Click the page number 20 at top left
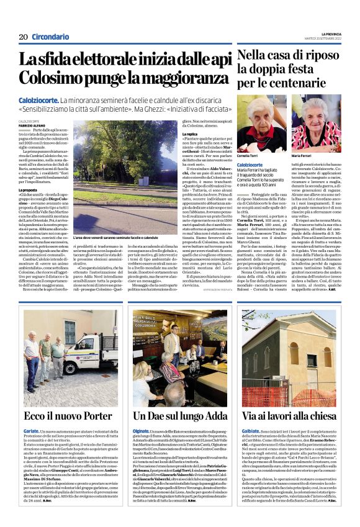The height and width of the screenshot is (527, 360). pyautogui.click(x=23, y=37)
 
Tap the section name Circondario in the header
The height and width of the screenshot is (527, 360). pyautogui.click(x=50, y=37)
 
